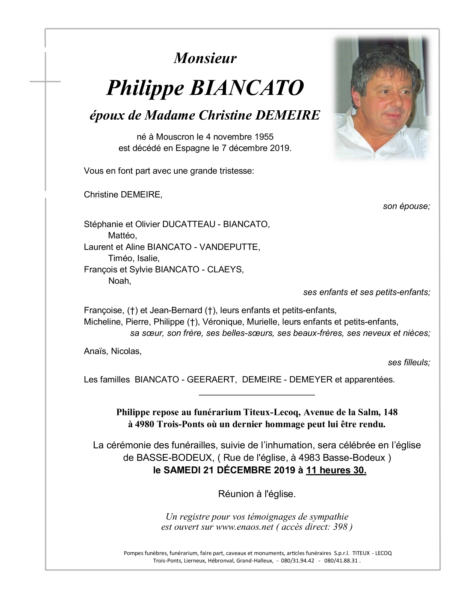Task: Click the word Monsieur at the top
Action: [205, 59]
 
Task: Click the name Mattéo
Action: [122, 236]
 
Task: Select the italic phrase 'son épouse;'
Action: [407, 206]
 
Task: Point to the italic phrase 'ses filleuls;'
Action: [409, 362]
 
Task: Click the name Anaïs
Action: [95, 352]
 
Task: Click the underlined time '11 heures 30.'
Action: [336, 470]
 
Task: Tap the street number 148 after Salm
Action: [390, 412]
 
